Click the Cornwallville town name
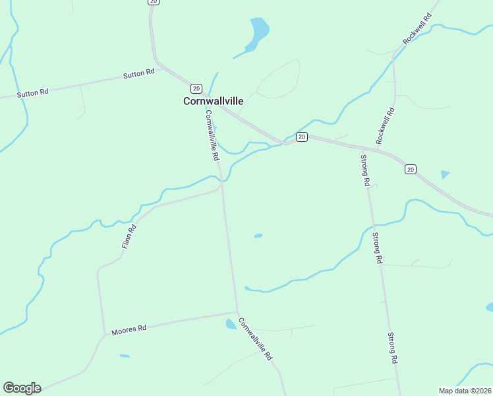click(213, 101)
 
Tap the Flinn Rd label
click(129, 236)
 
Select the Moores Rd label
click(129, 329)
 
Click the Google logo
click(22, 388)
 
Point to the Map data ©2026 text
click(465, 390)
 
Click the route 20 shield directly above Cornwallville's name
click(196, 88)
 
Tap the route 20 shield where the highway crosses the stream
click(301, 137)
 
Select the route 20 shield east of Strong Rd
click(410, 170)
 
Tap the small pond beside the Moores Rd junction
click(231, 323)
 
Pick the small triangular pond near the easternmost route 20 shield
click(446, 175)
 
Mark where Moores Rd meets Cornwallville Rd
click(237, 312)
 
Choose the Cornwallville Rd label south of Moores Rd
click(255, 339)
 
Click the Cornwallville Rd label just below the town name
click(211, 135)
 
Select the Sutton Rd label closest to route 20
click(138, 73)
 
